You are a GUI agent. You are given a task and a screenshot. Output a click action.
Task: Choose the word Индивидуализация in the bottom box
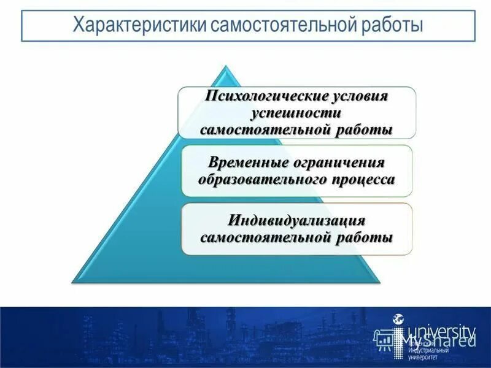tap(297, 220)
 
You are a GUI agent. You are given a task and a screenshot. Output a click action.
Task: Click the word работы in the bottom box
tap(368, 237)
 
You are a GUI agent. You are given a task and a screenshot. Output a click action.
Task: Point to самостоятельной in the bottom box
tap(269, 237)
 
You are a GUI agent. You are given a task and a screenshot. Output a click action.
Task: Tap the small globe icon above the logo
tap(398, 319)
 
